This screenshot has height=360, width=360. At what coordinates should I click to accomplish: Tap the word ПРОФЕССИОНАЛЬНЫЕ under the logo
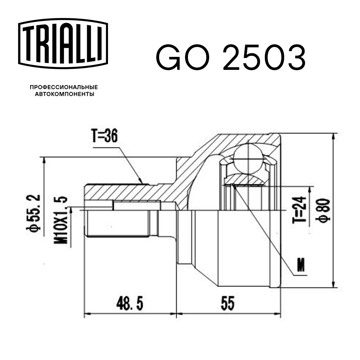(64, 87)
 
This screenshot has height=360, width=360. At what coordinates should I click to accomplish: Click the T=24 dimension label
(300, 210)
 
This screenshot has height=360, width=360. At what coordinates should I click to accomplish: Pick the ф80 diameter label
(323, 210)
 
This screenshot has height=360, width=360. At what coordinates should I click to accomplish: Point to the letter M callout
(301, 265)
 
